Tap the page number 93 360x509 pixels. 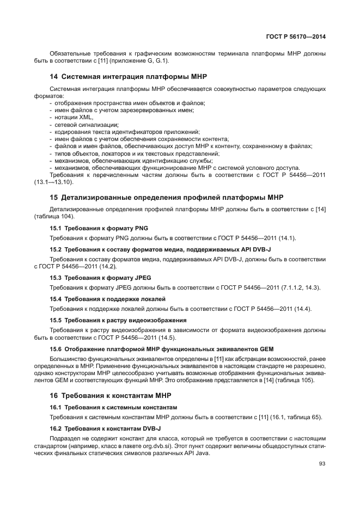pos(322,464)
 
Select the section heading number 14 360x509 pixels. pos(54,76)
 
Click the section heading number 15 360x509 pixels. pos(54,197)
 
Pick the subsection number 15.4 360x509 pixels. pos(56,299)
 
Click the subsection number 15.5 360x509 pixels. pos(56,321)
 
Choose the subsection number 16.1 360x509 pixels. pos(56,407)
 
